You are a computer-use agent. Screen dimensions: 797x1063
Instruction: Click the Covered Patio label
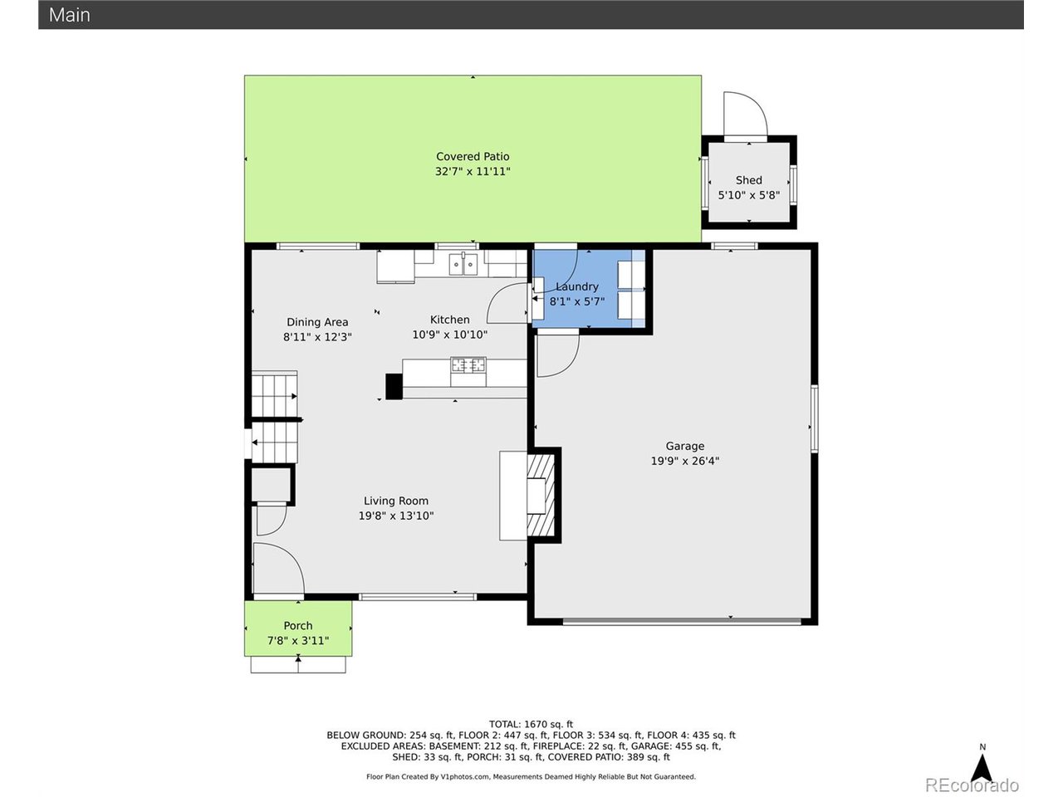point(473,156)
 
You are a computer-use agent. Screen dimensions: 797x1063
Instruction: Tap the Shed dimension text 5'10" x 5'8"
point(748,196)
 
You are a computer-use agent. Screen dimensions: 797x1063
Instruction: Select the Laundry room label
point(577,286)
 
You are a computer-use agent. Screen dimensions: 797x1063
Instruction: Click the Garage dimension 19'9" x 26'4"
point(684,461)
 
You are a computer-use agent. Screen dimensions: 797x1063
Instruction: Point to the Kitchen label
point(449,320)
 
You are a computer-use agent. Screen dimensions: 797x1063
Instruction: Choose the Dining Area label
point(317,322)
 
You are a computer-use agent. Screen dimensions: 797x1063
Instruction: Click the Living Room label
point(396,501)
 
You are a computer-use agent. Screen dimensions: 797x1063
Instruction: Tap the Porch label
point(298,626)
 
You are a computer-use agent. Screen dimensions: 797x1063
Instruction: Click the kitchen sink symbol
point(463,265)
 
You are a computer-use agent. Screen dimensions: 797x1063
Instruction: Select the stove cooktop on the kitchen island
point(468,364)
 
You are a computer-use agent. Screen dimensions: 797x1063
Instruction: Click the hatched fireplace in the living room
point(542,496)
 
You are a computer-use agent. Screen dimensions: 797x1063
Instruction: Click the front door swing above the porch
point(278,569)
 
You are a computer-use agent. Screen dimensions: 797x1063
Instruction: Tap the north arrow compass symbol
point(982,764)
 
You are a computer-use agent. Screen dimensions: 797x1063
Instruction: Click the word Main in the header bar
point(70,15)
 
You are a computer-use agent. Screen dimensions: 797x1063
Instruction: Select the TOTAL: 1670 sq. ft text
point(531,724)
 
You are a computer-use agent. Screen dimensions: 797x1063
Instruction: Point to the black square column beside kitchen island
point(394,386)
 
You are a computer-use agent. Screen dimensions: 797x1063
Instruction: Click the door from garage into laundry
point(556,355)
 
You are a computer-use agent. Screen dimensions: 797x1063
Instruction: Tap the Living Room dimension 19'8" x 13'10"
point(396,516)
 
